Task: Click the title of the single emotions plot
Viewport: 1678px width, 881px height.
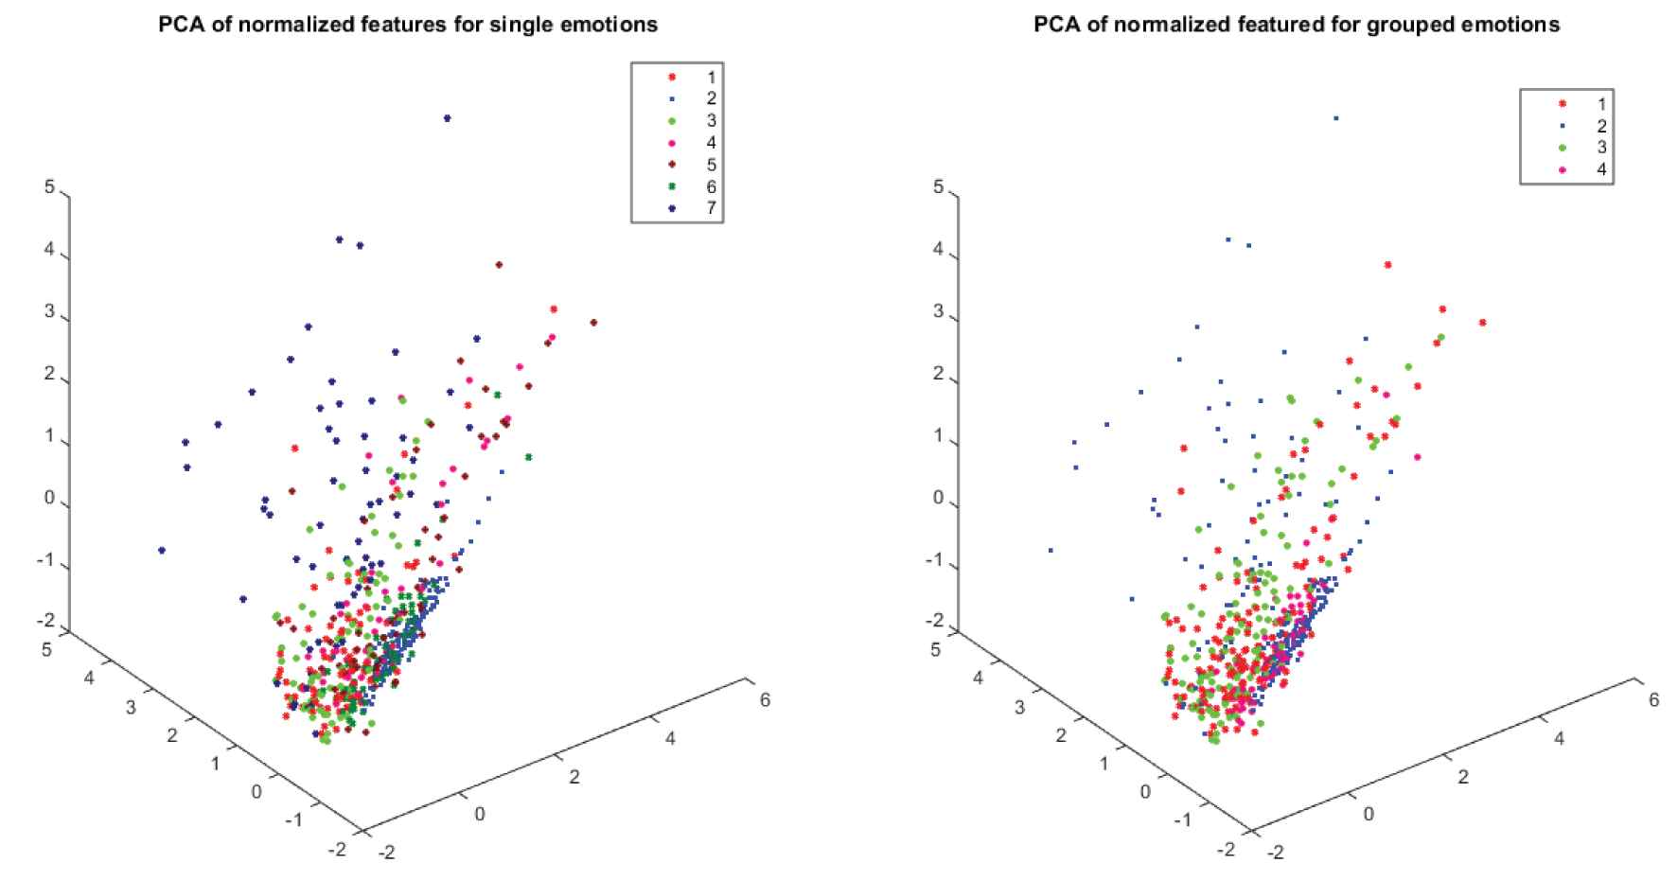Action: click(408, 25)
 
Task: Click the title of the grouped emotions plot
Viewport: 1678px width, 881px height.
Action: click(1296, 25)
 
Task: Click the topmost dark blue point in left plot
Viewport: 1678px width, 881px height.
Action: click(448, 118)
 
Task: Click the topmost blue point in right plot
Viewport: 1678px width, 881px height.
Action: click(1336, 118)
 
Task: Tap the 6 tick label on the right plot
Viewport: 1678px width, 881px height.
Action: click(1653, 700)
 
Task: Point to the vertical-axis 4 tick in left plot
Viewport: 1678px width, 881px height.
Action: click(49, 255)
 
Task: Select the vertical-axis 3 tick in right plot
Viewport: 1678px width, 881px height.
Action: click(938, 312)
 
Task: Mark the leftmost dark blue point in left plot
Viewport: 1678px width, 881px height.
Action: click(162, 550)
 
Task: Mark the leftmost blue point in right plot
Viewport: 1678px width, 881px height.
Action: click(1051, 550)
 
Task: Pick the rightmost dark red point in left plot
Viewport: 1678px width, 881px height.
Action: click(593, 323)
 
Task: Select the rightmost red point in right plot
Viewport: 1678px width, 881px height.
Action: click(1482, 323)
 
